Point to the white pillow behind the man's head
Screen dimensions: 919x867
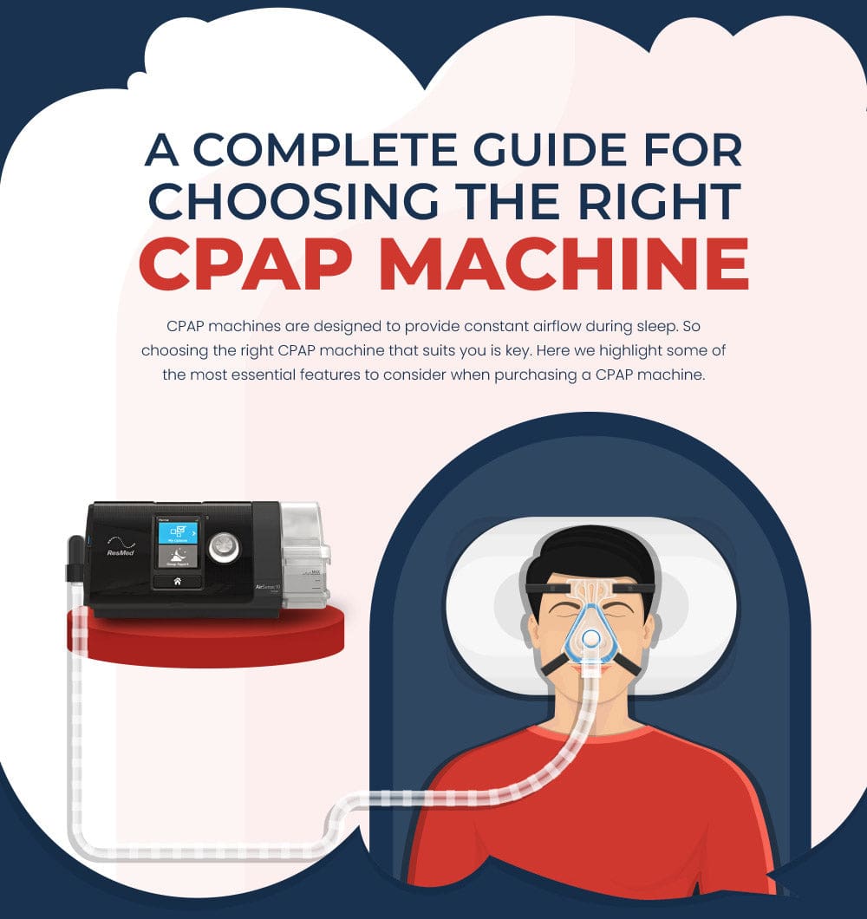694,607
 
